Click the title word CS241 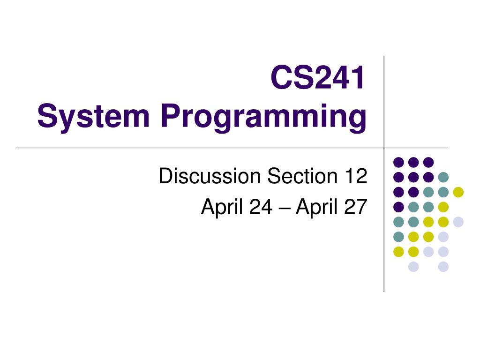[318, 78]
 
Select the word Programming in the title [263, 118]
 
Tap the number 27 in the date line [355, 207]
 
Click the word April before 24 [220, 207]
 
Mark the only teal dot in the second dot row [443, 177]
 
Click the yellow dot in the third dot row [458, 192]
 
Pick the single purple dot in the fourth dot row [398, 207]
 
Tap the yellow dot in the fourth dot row [443, 207]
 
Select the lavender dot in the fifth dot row [458, 222]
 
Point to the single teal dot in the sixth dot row [398, 237]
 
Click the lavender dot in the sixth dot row [443, 237]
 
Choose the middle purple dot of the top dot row [413, 162]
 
